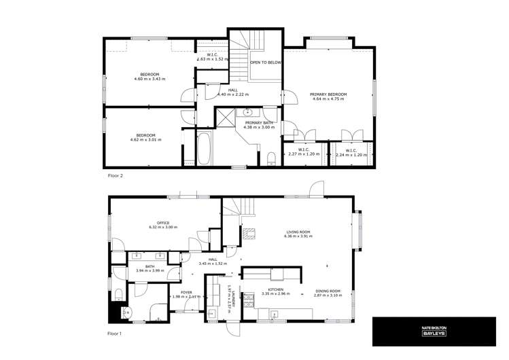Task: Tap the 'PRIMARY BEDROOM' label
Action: point(328,94)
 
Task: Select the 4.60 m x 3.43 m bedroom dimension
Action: point(150,79)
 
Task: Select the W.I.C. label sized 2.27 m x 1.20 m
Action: point(303,154)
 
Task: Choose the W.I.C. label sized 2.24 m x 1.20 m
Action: point(351,154)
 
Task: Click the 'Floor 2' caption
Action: point(116,175)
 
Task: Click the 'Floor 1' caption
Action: point(116,334)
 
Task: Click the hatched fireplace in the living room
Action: point(249,232)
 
